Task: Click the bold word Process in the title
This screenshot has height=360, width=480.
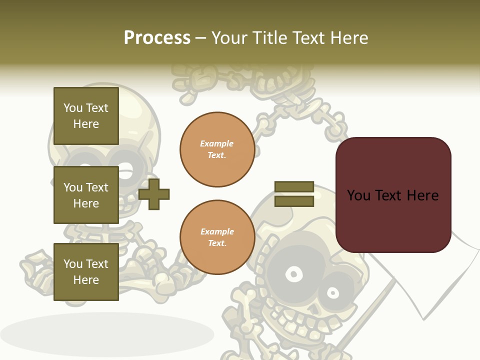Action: tap(157, 38)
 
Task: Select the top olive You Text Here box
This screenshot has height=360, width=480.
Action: tap(86, 116)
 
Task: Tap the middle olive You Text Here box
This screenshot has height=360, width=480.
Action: tap(86, 195)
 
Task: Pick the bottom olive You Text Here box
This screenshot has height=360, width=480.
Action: tap(86, 272)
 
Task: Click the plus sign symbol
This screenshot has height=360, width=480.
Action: tap(154, 194)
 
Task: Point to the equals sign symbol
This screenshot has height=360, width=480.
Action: tap(294, 194)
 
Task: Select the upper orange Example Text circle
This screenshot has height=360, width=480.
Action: tap(217, 149)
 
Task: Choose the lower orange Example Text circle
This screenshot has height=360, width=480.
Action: tap(217, 237)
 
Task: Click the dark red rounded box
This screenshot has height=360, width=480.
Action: tap(393, 194)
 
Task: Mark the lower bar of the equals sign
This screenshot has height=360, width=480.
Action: tap(294, 201)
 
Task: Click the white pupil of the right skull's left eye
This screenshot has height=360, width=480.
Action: tap(293, 274)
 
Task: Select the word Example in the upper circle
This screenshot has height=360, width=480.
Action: tap(217, 144)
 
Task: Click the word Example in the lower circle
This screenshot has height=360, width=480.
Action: tap(217, 232)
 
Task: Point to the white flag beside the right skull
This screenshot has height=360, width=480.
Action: tap(425, 280)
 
